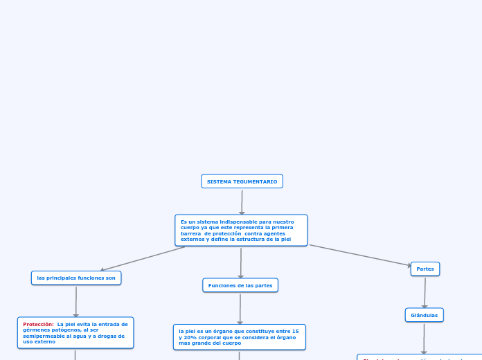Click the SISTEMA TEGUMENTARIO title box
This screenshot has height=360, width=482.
click(x=242, y=181)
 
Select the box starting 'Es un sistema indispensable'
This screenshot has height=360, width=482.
click(x=241, y=230)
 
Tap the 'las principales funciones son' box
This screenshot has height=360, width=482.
click(x=76, y=278)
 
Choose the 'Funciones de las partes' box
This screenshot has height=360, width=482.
click(x=240, y=285)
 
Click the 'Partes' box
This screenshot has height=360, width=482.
click(x=425, y=269)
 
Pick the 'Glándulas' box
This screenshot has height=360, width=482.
click(x=425, y=315)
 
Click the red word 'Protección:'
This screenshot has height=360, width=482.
click(x=38, y=324)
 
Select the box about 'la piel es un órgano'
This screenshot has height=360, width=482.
click(x=239, y=337)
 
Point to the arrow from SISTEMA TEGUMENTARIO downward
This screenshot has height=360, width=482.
click(x=242, y=201)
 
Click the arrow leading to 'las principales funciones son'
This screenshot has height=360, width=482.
click(x=142, y=259)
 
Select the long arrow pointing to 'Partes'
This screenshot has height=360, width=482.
click(x=360, y=255)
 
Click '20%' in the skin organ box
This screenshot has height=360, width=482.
click(x=189, y=337)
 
